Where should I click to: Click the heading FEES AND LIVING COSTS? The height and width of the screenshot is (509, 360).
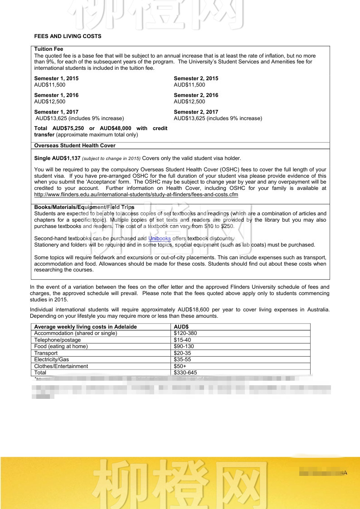click(68, 36)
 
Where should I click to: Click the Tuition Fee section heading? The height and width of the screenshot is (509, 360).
click(49, 49)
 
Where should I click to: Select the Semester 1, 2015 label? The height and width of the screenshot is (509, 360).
click(56, 78)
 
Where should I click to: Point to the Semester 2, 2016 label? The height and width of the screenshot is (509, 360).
click(196, 95)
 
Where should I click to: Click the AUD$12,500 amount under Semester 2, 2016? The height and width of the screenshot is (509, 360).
click(190, 102)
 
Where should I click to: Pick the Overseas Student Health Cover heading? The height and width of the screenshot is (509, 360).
click(75, 145)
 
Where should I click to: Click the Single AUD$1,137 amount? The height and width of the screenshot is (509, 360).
click(57, 158)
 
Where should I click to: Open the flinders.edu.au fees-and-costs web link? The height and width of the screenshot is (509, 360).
click(136, 194)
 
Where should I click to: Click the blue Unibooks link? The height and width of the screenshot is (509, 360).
click(160, 238)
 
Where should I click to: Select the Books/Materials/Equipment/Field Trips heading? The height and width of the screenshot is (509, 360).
click(84, 207)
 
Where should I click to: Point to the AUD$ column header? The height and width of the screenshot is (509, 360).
click(181, 327)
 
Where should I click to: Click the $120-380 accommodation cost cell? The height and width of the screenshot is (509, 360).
click(185, 333)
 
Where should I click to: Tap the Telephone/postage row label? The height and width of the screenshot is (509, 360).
click(58, 340)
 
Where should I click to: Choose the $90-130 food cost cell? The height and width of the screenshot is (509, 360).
click(184, 346)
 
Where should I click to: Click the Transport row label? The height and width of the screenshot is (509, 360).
click(46, 353)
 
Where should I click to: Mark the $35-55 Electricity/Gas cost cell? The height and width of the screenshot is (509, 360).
click(182, 359)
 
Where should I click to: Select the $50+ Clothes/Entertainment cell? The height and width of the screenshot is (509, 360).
click(180, 366)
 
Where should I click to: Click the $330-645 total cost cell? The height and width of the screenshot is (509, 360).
click(185, 373)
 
